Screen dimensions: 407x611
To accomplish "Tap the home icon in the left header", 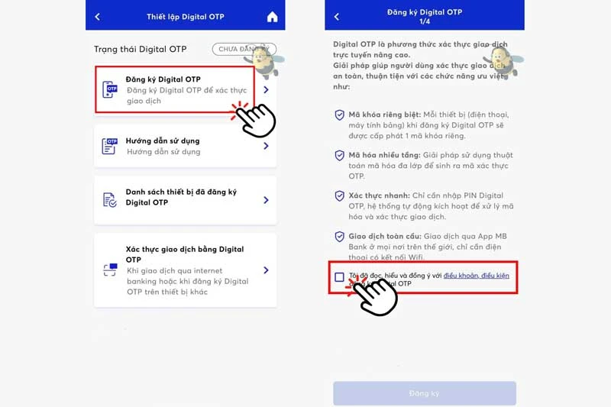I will pos(273,17).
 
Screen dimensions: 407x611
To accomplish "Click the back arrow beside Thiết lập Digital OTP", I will pos(97,17).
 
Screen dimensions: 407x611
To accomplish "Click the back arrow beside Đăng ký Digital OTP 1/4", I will pos(336,17).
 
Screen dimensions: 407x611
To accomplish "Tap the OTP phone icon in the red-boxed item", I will pos(112,90).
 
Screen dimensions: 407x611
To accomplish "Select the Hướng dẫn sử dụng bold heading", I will pos(163,141).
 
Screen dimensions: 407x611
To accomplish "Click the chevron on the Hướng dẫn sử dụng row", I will pos(266,146).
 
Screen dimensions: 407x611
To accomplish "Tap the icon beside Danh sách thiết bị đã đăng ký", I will pos(111,199).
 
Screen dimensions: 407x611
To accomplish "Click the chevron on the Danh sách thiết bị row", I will pos(266,200).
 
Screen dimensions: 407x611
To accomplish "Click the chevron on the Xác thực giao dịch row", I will pos(266,270).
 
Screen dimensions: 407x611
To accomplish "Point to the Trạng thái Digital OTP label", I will pos(140,50).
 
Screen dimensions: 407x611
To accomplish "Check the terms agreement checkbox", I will pos(339,277).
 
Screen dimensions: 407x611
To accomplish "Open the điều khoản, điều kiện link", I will pos(476,275).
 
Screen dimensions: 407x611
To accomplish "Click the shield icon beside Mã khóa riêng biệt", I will pos(339,115).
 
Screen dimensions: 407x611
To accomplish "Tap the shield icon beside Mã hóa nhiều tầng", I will pos(339,156).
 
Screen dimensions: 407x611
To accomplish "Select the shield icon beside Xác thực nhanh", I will pos(339,196).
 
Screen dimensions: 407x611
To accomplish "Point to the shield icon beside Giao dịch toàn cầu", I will pos(339,237).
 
